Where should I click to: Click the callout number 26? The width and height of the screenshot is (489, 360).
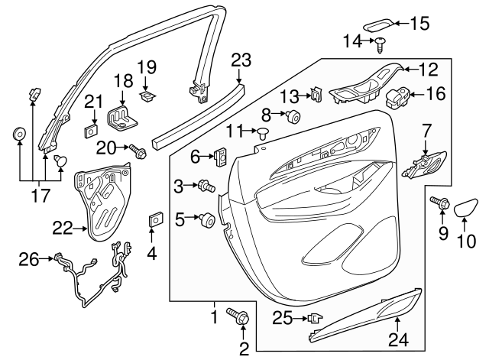pos(28,261)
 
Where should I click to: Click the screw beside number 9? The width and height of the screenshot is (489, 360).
pos(442,203)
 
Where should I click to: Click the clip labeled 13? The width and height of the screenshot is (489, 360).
pos(315,96)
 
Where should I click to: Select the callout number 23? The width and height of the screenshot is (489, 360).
pos(241,59)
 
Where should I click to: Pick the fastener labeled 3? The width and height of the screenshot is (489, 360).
pos(205,185)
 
